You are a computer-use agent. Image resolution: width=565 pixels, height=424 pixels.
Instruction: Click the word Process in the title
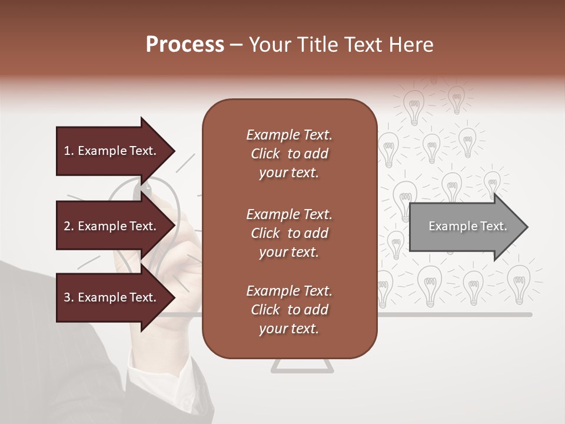185,45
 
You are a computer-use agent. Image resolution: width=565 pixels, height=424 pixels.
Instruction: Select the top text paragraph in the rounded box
289,154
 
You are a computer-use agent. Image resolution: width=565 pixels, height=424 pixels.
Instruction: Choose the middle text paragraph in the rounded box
289,233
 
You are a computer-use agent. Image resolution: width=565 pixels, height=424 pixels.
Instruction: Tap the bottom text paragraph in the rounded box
289,310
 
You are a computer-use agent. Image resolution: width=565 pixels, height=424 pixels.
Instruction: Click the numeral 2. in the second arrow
69,226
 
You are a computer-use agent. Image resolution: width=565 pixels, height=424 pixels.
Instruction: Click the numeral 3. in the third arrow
69,297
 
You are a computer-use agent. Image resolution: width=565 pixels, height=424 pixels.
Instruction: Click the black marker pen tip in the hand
145,189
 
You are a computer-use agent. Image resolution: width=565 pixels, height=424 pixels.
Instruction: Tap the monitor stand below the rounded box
303,366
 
